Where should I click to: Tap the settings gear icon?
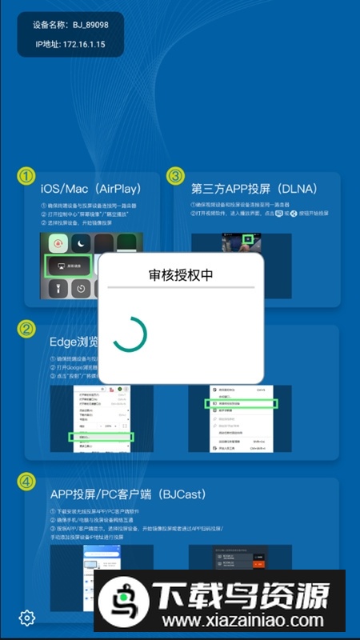pyautogui.click(x=27, y=618)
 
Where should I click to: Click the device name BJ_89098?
pyautogui.click(x=90, y=26)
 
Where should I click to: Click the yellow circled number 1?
pyautogui.click(x=27, y=176)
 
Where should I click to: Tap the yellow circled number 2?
pyautogui.click(x=27, y=329)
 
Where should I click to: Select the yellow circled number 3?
pyautogui.click(x=175, y=176)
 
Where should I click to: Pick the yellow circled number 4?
pyautogui.click(x=27, y=482)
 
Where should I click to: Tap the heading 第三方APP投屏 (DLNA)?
pyautogui.click(x=254, y=190)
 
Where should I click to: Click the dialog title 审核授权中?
pyautogui.click(x=181, y=274)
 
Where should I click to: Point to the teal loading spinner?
pyautogui.click(x=130, y=334)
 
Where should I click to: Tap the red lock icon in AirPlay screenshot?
pyautogui.click(x=57, y=244)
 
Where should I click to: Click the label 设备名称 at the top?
pyautogui.click(x=50, y=26)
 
